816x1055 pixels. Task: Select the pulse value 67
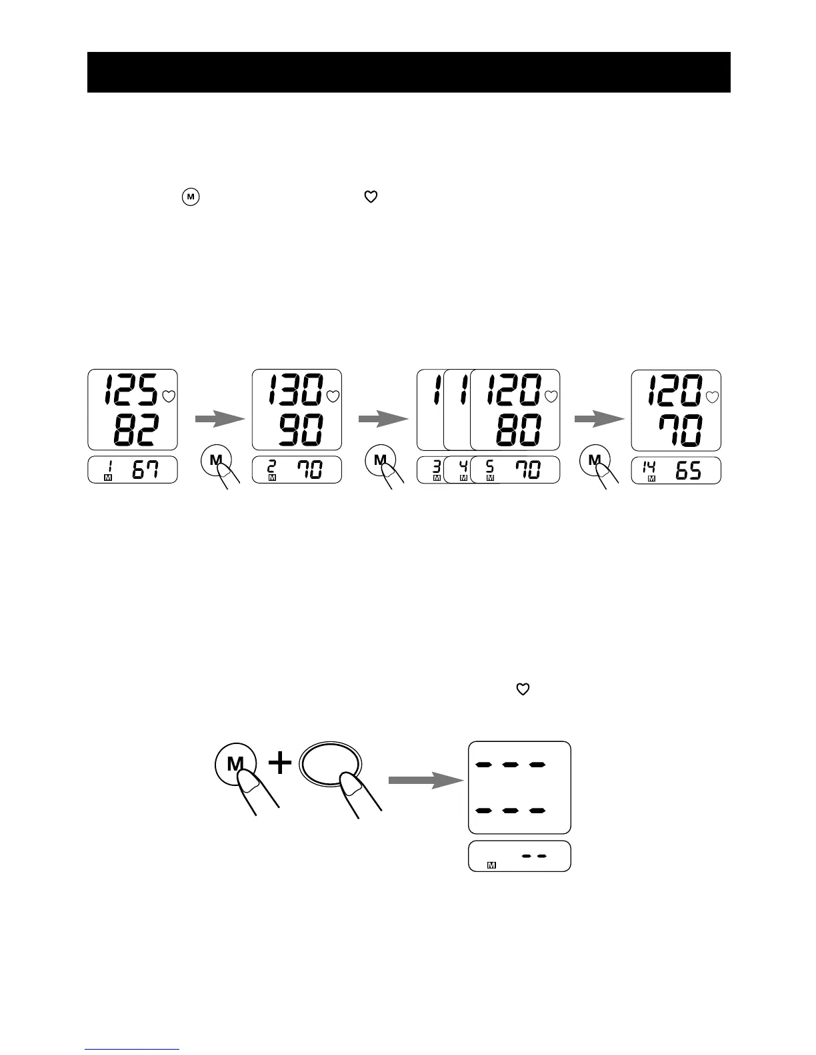click(x=145, y=470)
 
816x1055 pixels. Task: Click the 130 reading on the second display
click(x=294, y=390)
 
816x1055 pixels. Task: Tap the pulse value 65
click(x=689, y=470)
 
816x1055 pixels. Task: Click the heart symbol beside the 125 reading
click(x=169, y=396)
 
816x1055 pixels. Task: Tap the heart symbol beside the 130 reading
click(x=333, y=396)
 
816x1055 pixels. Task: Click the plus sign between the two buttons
click(x=280, y=763)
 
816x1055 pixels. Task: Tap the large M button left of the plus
click(x=235, y=763)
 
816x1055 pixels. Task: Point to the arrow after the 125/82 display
click(x=220, y=419)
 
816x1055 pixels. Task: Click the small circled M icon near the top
click(x=190, y=197)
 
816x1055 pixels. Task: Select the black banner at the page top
click(x=408, y=72)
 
